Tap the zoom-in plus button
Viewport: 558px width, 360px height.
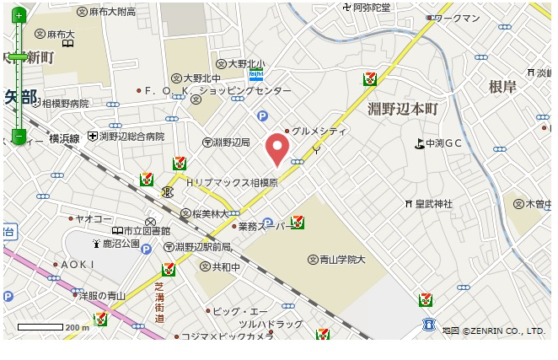coord(19,16)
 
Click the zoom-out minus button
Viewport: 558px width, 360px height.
coord(19,136)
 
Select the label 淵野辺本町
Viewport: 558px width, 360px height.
coord(404,109)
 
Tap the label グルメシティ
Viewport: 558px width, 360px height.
coord(319,131)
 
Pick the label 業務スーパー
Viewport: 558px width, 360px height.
coord(263,226)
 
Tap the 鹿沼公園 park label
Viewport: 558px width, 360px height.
coord(121,244)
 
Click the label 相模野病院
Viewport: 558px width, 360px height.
coord(64,104)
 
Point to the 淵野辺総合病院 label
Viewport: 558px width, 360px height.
coord(131,136)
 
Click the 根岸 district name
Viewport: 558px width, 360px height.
coord(501,87)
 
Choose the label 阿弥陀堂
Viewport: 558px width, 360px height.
coord(371,7)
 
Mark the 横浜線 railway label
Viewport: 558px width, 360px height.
coord(63,137)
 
